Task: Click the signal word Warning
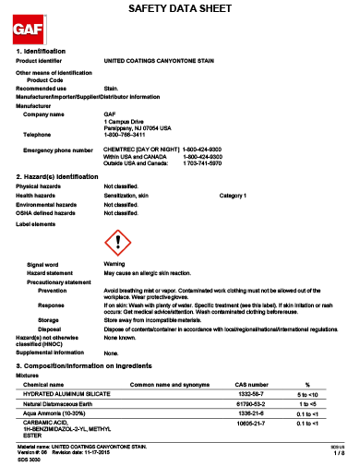[x=114, y=264]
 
